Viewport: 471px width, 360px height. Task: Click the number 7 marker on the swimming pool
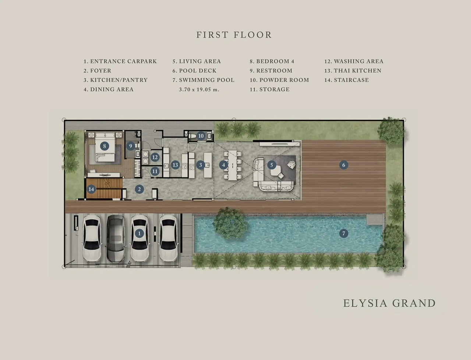click(344, 233)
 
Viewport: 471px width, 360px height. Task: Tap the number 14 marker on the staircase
click(91, 189)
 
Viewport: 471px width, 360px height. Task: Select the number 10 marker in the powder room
click(201, 136)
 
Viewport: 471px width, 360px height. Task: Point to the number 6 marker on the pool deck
click(344, 165)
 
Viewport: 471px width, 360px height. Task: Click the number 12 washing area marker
click(155, 157)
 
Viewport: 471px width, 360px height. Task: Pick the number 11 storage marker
click(155, 171)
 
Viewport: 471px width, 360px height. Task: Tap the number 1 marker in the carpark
click(139, 233)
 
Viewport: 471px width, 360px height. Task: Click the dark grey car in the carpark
click(116, 239)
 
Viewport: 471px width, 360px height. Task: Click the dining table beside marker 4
click(233, 165)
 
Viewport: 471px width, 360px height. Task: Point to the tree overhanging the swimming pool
click(230, 223)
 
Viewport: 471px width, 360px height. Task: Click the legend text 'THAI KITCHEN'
click(358, 71)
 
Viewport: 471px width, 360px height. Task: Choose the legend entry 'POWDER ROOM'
click(284, 80)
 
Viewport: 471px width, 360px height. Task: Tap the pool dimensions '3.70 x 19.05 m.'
click(199, 89)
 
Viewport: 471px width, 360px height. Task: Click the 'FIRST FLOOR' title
click(234, 35)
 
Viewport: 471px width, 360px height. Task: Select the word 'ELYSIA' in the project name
click(366, 303)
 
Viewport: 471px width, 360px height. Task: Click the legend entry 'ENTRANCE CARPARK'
click(123, 61)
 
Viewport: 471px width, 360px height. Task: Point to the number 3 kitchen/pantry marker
click(201, 165)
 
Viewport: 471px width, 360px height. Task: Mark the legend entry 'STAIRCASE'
click(351, 80)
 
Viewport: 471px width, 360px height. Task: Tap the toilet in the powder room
click(192, 136)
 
